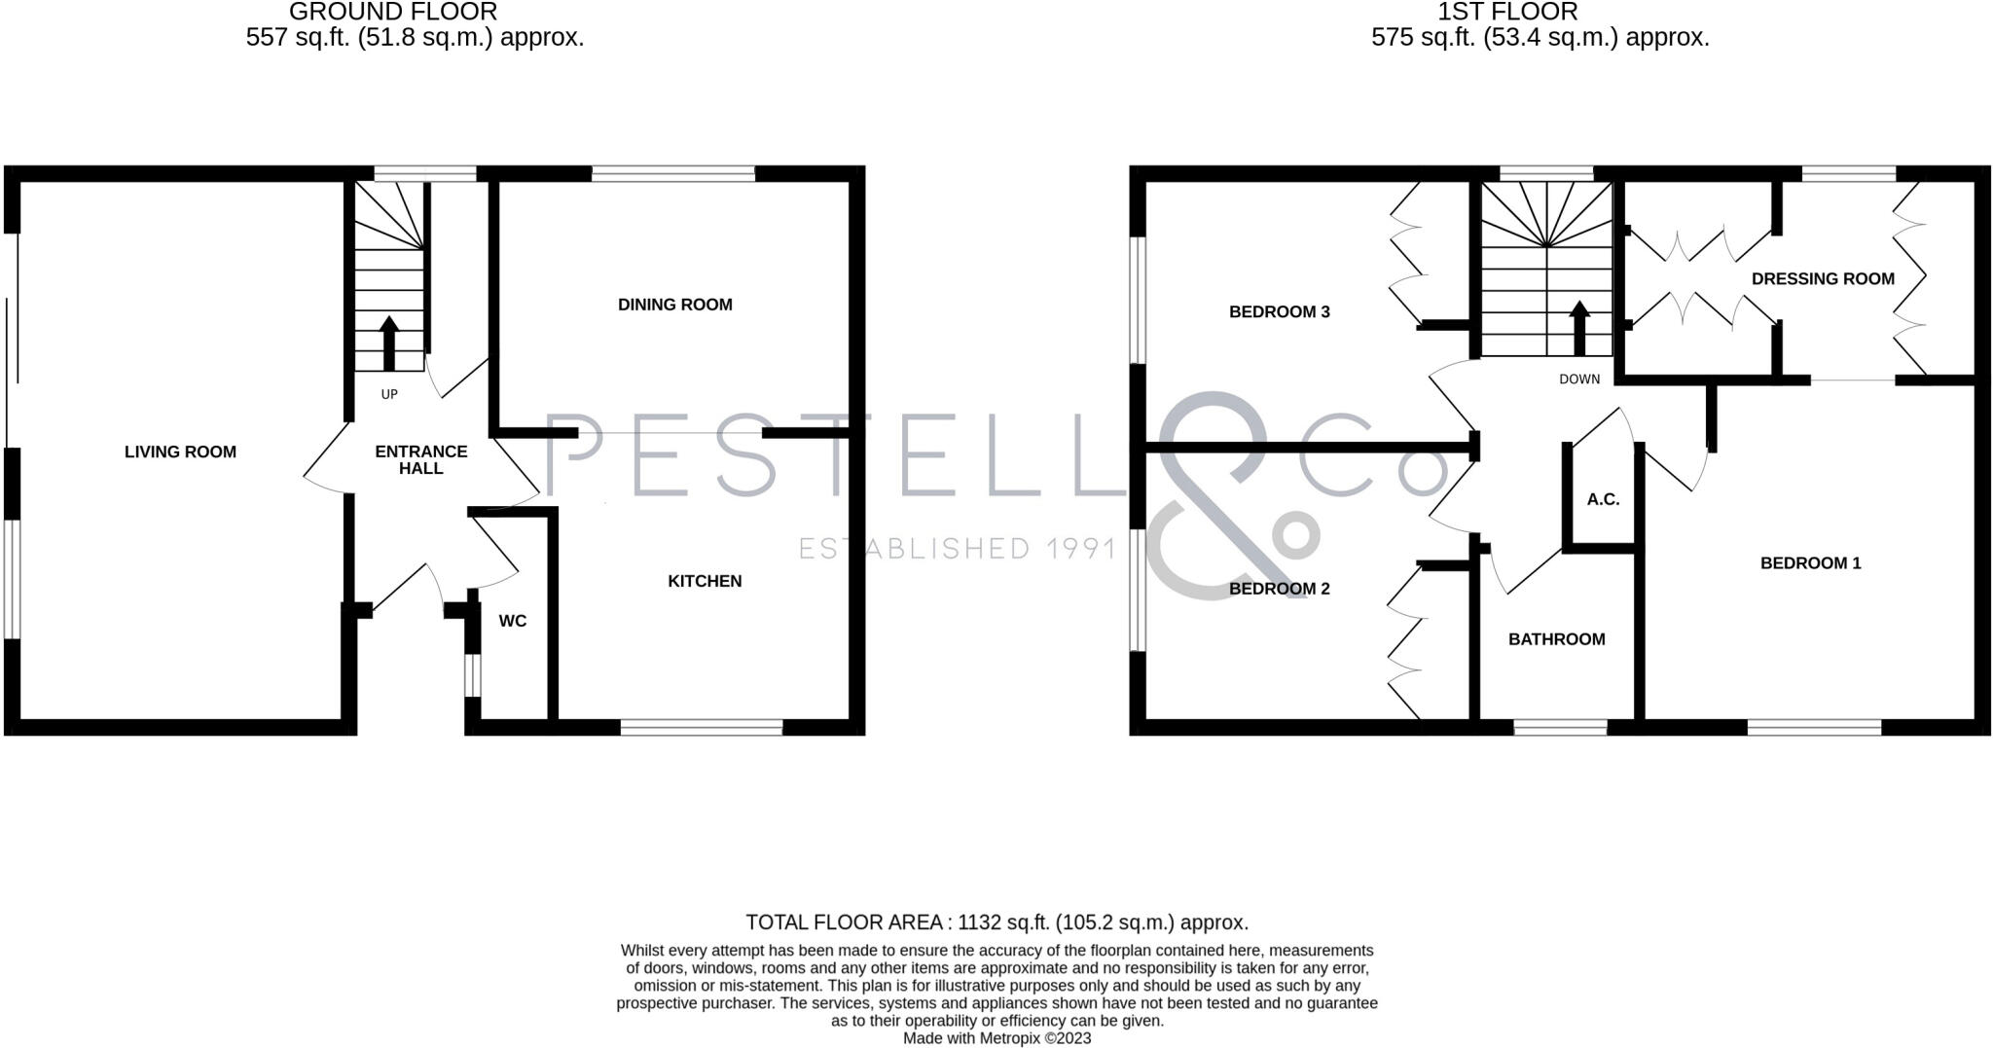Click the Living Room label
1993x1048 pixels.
coord(180,452)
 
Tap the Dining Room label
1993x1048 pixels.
coord(674,305)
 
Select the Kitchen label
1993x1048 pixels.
coord(705,581)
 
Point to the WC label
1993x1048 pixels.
coord(512,621)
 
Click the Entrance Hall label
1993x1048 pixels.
coord(421,459)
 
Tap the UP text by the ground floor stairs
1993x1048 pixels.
coord(389,394)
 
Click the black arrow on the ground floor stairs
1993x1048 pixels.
coord(389,342)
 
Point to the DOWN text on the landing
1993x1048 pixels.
coord(1579,379)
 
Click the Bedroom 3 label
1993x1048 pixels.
coord(1279,311)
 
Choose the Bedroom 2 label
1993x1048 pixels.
coord(1279,589)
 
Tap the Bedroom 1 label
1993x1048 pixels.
coord(1810,562)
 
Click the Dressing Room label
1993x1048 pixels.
coord(1823,278)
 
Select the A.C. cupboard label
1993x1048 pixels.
coord(1603,499)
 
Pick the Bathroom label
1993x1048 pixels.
coord(1556,639)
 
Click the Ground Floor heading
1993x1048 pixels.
coord(393,13)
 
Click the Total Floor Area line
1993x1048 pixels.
coord(996,922)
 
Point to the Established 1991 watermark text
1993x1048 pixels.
coord(958,549)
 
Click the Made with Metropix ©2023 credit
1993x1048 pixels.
coord(996,1038)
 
